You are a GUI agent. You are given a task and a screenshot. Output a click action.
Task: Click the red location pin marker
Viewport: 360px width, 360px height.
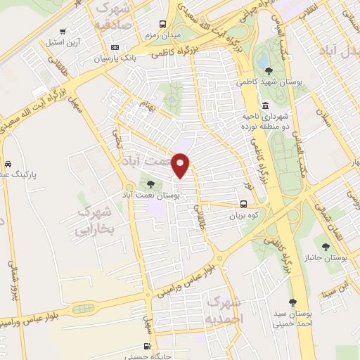(x=181, y=165)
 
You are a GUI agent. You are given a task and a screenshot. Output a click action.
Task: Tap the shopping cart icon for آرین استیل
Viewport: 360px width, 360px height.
(x=63, y=32)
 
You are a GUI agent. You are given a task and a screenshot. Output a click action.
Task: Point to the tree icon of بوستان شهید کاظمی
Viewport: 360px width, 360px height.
(x=269, y=70)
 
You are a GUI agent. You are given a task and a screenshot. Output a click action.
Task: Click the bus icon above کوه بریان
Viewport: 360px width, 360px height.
(x=244, y=205)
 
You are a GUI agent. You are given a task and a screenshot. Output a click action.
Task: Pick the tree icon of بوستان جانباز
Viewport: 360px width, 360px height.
(x=326, y=246)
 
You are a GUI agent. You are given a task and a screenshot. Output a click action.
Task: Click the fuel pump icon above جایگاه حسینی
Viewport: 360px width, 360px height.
(x=146, y=345)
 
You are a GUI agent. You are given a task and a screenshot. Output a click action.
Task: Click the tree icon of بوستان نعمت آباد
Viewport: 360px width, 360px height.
(x=151, y=184)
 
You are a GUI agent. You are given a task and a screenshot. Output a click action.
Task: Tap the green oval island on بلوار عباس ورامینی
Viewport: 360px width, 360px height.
(x=82, y=308)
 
